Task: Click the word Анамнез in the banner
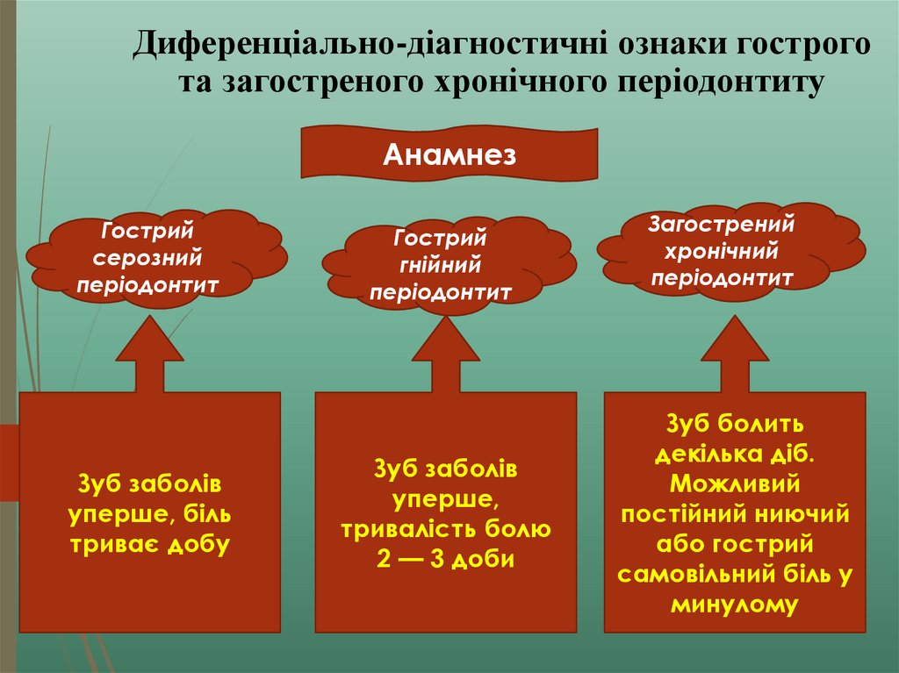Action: pos(449,155)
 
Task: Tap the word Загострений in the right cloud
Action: pos(722,224)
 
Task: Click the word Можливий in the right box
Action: pos(735,483)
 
